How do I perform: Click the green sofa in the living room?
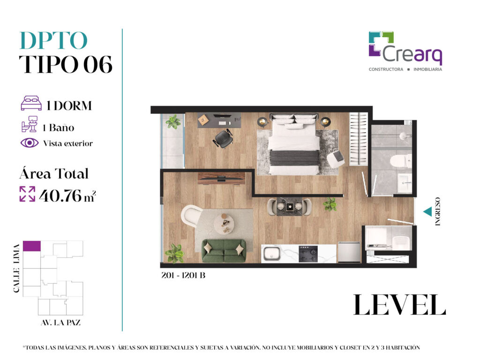coord(224,251)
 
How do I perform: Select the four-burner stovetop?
coord(308,254)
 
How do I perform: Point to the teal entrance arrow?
coord(427,211)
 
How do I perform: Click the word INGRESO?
coord(438,211)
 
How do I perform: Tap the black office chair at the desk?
coord(223,139)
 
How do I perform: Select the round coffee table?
coord(224,224)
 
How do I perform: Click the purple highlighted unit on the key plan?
coord(32,246)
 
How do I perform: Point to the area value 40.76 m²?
coord(67,195)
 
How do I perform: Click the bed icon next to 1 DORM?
coord(31,103)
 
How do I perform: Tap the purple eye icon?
coord(30,143)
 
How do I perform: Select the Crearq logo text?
coord(412,54)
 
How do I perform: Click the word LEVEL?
coord(399,305)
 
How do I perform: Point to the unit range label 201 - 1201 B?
coord(183,275)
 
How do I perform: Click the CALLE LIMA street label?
coord(16,268)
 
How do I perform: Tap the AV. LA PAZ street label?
coord(60,322)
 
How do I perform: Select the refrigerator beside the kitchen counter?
coord(349,252)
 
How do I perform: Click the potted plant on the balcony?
coord(173,122)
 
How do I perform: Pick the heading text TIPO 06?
coord(66,64)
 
